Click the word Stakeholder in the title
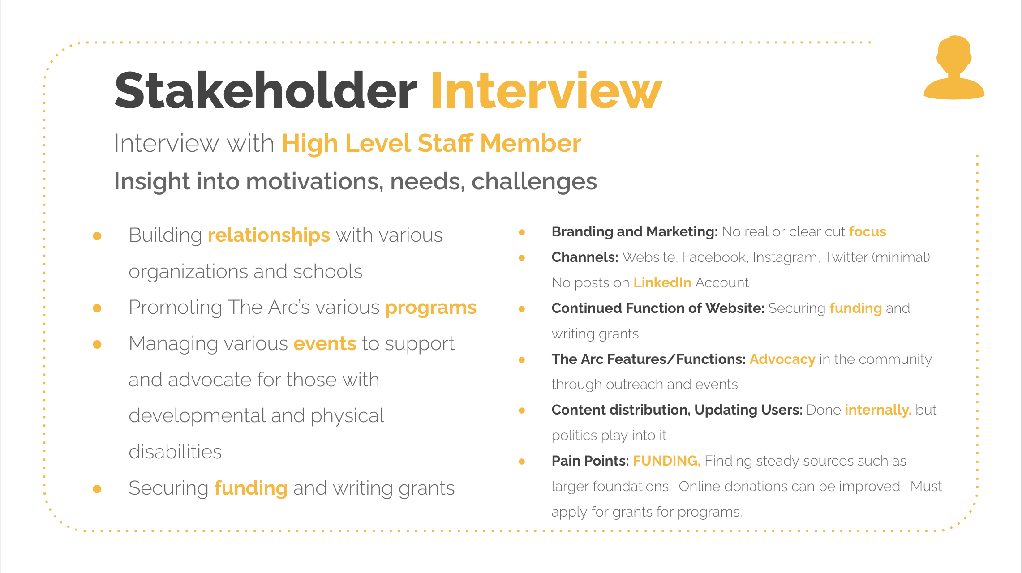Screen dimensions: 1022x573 pos(266,90)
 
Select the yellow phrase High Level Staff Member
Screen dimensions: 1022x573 pos(431,143)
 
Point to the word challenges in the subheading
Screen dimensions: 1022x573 pos(534,182)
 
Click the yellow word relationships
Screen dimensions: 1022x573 pos(269,236)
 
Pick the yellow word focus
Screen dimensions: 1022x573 pos(867,231)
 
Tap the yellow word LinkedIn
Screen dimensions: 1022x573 pos(662,282)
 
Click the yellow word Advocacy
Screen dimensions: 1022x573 pos(782,359)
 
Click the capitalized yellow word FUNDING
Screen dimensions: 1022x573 pos(666,461)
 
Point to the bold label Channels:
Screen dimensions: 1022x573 pos(584,257)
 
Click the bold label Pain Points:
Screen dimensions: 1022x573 pos(590,461)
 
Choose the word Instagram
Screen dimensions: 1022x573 pos(785,257)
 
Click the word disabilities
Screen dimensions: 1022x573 pos(175,452)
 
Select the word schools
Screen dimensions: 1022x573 pos(327,271)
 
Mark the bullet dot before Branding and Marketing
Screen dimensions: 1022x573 pos(522,232)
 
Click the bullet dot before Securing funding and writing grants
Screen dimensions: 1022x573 pos(97,489)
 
